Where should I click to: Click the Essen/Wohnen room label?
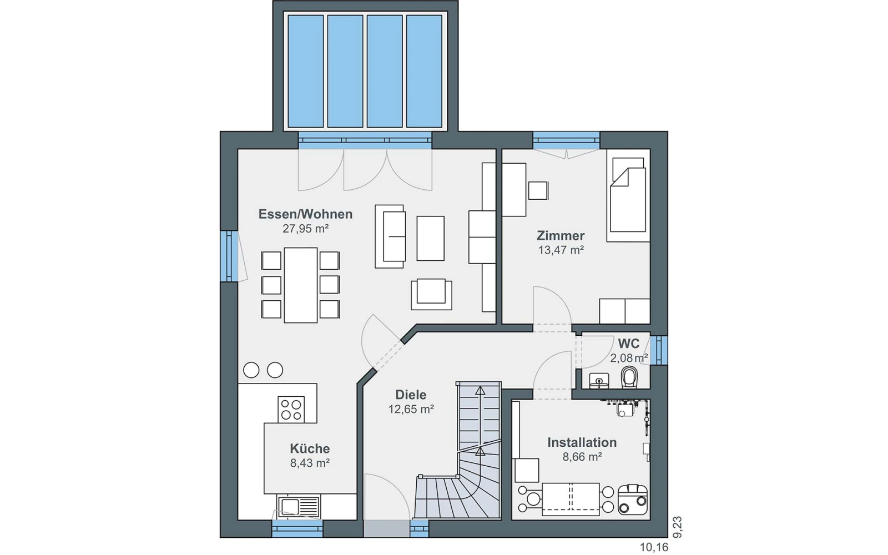(305, 214)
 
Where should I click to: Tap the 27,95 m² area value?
(306, 229)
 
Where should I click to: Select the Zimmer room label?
(561, 236)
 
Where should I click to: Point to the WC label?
(628, 344)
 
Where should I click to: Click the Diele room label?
(411, 395)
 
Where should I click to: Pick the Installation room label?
(582, 442)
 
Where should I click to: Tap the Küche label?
(310, 449)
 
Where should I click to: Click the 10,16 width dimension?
(654, 547)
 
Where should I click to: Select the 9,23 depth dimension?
(677, 527)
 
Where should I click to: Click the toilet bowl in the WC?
(629, 377)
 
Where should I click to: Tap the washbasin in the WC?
(599, 381)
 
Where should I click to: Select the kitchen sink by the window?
(299, 507)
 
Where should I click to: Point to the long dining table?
(300, 285)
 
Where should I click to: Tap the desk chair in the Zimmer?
(538, 191)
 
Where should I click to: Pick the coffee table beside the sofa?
(430, 238)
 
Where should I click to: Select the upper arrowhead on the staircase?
(480, 391)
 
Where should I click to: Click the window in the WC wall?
(659, 350)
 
